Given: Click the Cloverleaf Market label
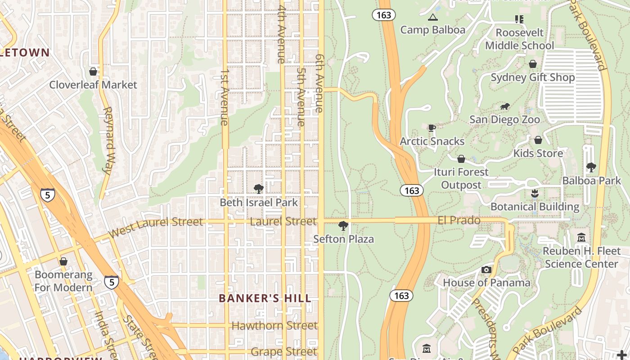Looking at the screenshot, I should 93,85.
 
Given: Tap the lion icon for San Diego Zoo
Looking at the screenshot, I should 504,107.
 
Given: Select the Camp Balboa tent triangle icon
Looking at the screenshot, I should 433,18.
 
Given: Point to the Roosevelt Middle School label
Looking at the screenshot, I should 519,39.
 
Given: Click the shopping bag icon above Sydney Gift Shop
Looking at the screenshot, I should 533,64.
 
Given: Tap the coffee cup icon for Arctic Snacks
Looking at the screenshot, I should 432,128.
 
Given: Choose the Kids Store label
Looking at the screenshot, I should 538,153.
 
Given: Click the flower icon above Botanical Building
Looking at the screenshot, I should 535,193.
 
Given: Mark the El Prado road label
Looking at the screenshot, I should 459,220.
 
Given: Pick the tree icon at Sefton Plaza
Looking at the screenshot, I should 343,226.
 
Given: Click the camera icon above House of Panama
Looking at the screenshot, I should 486,270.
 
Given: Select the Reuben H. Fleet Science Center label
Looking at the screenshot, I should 581,257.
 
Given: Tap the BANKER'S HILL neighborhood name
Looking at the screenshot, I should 265,298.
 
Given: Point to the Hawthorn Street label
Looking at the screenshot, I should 274,325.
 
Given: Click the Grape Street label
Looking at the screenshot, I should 284,351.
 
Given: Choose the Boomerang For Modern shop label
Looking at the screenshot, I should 63,281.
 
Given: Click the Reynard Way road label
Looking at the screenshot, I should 108,140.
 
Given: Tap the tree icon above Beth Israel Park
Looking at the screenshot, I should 258,189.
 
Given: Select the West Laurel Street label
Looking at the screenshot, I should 156,226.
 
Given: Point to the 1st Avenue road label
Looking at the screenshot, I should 225,97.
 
